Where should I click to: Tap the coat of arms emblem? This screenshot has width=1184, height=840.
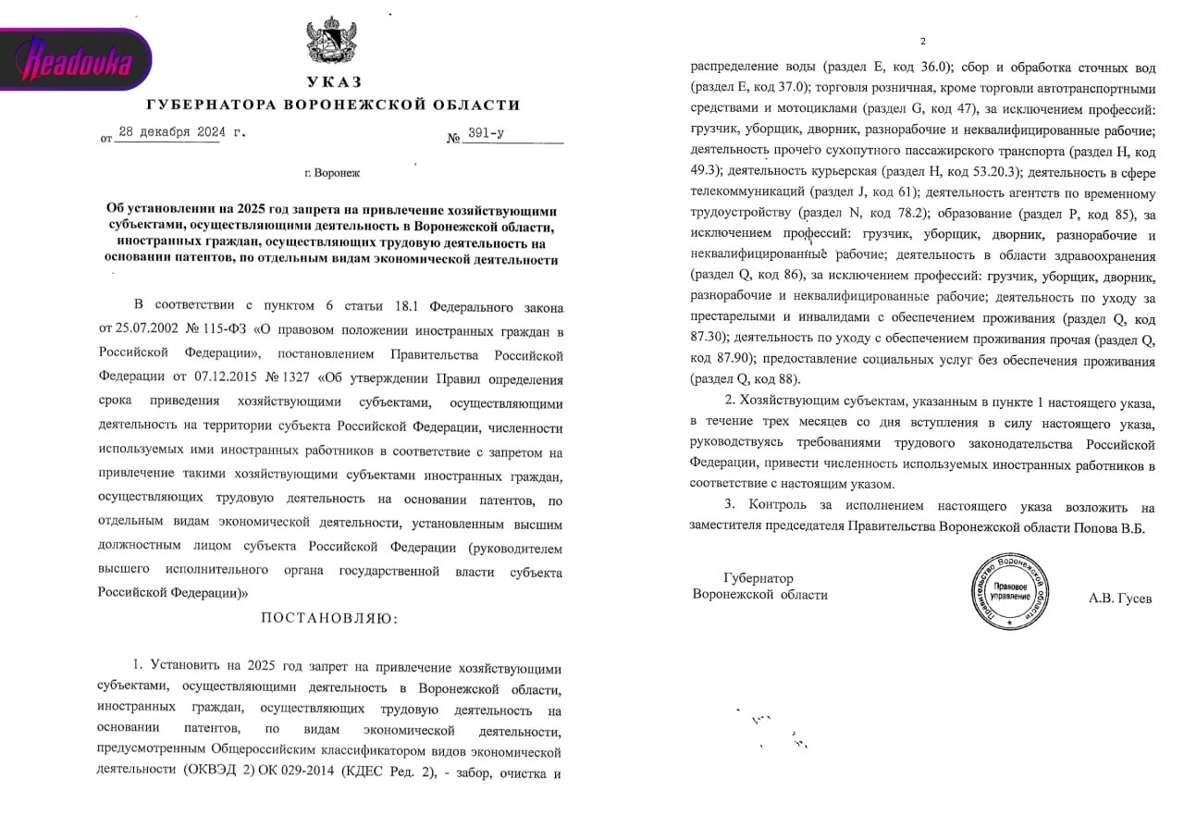[328, 41]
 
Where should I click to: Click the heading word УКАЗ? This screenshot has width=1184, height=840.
[335, 81]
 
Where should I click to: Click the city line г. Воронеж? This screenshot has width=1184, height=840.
[332, 173]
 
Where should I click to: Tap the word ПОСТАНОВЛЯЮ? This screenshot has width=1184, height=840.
[330, 618]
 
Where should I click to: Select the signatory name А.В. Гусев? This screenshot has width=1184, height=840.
[1120, 599]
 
